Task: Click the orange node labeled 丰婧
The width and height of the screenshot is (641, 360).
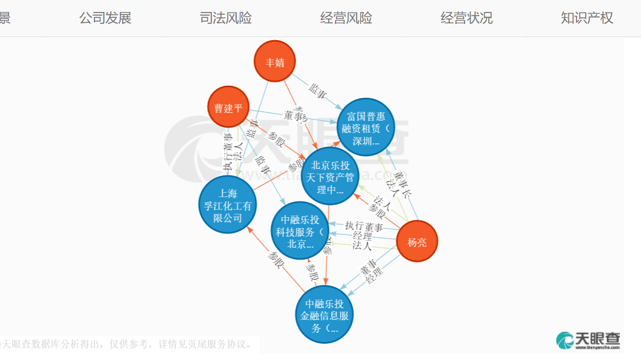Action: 275,61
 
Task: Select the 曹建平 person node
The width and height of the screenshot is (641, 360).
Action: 228,108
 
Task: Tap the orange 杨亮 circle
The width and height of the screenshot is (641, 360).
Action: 417,242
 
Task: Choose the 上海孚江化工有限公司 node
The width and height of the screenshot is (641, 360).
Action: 227,205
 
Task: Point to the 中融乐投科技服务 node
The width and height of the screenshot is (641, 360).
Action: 300,231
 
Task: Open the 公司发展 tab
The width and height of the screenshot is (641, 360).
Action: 105,18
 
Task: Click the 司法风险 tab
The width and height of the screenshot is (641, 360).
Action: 226,18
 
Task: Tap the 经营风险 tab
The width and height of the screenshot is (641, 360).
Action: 346,18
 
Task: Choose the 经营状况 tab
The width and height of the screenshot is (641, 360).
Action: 467,18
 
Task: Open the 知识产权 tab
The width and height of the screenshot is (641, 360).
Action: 587,18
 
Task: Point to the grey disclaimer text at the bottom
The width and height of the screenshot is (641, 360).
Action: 128,344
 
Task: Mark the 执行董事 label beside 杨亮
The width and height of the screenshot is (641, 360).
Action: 364,226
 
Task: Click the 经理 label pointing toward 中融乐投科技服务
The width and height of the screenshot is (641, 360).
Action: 362,236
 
